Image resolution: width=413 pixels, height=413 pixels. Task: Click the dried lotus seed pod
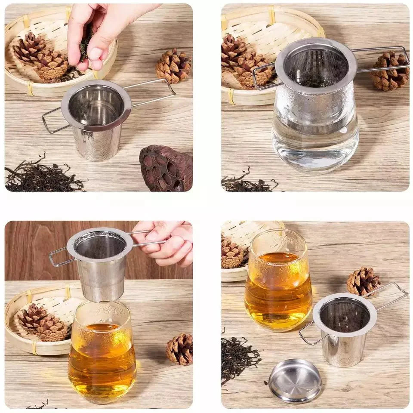coord(166,168)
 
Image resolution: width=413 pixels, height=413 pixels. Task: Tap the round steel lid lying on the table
coord(295,380)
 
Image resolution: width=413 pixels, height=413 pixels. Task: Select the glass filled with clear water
coord(315,138)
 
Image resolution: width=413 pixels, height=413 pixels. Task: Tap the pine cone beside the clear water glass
coord(390,71)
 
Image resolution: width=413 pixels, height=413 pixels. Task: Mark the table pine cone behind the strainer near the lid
coord(364,281)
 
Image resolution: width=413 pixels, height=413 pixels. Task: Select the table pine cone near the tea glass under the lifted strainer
coord(180,349)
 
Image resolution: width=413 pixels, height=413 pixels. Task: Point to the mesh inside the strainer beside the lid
coord(344,316)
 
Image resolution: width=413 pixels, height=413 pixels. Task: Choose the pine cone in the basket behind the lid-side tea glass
coord(232,254)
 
